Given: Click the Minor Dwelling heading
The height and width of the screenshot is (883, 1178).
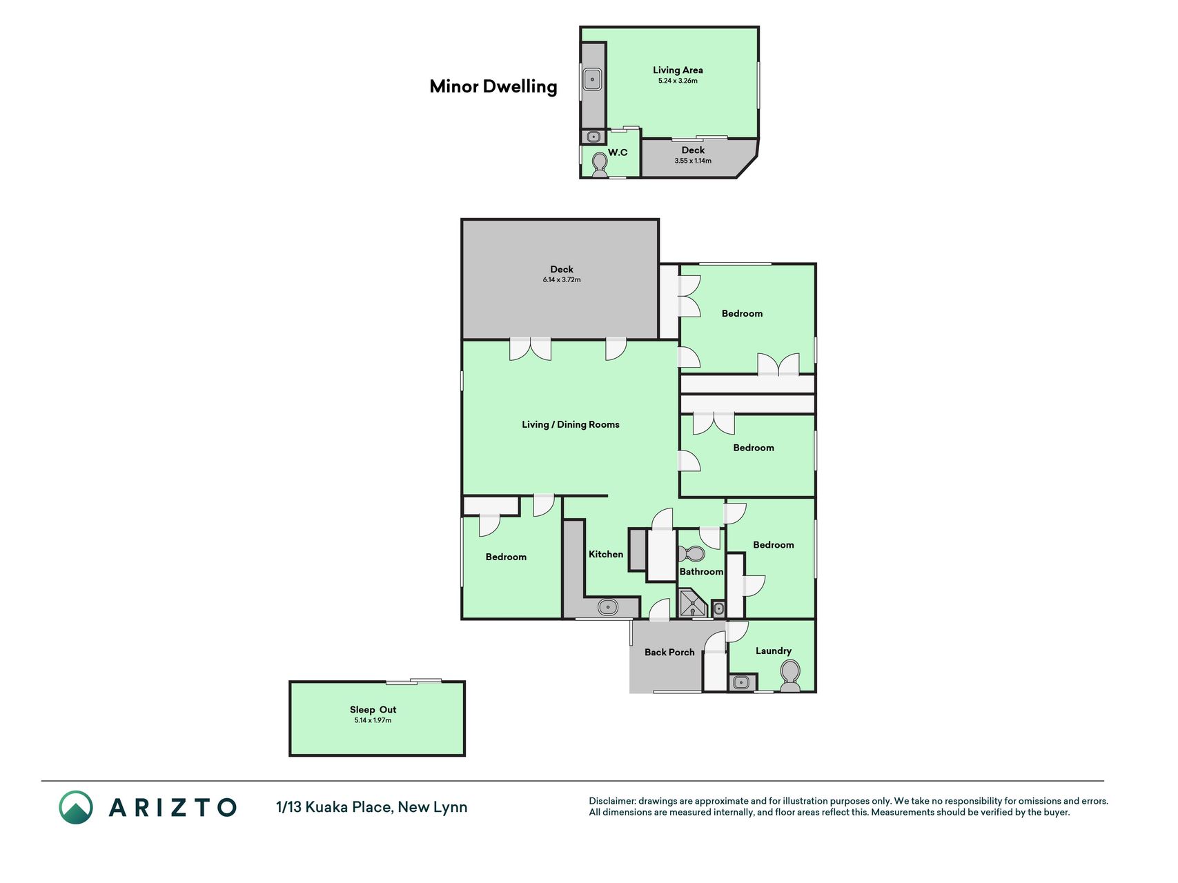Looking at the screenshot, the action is (x=493, y=86).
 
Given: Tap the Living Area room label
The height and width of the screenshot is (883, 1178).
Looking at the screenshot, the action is (x=678, y=70).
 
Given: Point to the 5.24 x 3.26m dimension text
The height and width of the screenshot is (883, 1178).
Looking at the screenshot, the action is (x=678, y=81).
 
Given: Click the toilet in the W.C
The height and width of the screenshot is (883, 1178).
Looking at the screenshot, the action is (x=600, y=165).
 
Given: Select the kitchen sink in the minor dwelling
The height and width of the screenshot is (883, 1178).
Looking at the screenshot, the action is (x=592, y=79).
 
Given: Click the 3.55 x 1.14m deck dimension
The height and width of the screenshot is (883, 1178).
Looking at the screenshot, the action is (x=693, y=161).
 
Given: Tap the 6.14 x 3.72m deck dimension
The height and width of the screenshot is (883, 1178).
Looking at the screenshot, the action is (x=562, y=279).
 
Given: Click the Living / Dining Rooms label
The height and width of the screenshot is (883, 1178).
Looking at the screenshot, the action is (x=571, y=424).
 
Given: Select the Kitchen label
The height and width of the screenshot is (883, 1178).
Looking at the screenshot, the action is (x=606, y=554).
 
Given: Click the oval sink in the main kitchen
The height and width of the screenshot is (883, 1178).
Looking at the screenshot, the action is (x=608, y=608).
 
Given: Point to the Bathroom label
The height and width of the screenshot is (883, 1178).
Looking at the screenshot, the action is (x=701, y=571).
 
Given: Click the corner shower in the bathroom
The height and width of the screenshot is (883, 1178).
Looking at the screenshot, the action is (x=691, y=603).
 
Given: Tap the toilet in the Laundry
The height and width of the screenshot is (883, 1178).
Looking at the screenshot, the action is (x=789, y=675).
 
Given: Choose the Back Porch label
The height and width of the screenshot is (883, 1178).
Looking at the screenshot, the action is (x=669, y=652).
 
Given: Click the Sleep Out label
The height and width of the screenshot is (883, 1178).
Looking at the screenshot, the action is (x=373, y=709).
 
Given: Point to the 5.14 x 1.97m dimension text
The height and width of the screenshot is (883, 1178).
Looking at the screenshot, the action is (x=373, y=720).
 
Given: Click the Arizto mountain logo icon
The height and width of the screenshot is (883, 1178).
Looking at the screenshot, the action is (x=76, y=807).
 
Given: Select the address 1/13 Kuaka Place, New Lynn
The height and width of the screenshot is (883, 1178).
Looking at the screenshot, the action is (x=371, y=806).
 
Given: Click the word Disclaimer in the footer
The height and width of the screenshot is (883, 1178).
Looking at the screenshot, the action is (x=611, y=801).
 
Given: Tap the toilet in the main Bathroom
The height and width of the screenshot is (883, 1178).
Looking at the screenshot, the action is (x=691, y=554).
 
